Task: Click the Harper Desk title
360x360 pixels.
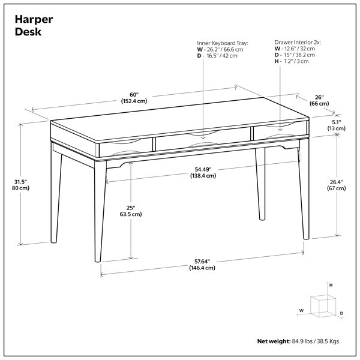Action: pos(34,25)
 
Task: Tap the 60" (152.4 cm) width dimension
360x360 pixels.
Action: pos(134,98)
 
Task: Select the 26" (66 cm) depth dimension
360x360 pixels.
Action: pos(319,101)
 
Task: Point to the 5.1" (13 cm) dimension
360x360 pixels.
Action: pos(337,125)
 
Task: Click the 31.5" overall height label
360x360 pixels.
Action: pos(20,185)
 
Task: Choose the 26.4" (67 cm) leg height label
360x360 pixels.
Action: pos(337,185)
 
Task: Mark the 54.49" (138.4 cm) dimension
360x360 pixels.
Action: pos(203,172)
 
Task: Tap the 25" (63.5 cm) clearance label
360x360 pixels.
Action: pos(131,211)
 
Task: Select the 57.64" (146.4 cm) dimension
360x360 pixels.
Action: pos(202,265)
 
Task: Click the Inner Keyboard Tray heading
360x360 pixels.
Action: pos(223,43)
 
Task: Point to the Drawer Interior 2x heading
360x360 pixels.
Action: pos(298,42)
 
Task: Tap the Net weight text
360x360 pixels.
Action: pos(298,341)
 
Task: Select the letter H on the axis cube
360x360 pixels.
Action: pos(331,285)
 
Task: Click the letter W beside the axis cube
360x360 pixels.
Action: pos(301,311)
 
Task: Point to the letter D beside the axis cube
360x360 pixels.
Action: pos(341,313)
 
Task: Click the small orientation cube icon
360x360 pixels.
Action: pos(323,306)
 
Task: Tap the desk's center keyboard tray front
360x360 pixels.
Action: pos(203,140)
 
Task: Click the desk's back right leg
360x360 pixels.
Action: pos(260,184)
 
